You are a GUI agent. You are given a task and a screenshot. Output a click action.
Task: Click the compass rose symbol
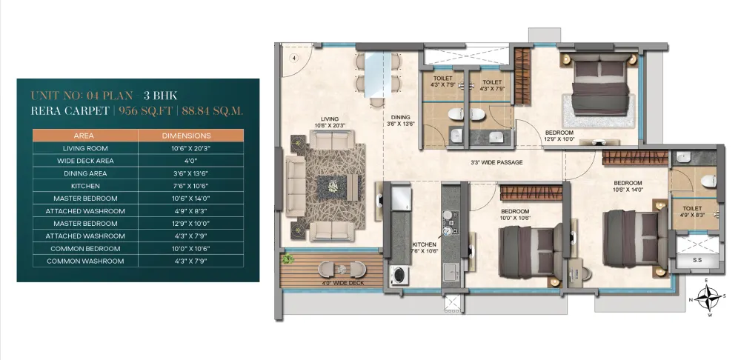coord(707,298)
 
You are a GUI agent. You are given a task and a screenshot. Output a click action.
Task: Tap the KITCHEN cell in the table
coord(85,186)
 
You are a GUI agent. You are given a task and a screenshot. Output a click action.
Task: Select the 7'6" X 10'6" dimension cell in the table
coord(191,186)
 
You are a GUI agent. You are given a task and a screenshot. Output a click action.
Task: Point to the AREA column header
coord(85,136)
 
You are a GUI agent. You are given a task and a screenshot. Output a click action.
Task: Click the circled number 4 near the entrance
coord(293,58)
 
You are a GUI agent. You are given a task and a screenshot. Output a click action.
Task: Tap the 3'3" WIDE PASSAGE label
coord(496,162)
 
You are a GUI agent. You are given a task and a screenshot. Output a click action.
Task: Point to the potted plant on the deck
coord(288,259)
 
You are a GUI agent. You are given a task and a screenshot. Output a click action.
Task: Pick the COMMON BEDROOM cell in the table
coord(85,248)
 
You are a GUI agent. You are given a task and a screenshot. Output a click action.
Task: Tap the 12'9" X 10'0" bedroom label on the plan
coord(559,139)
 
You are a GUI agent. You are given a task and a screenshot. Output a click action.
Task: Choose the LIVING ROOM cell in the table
coord(85,148)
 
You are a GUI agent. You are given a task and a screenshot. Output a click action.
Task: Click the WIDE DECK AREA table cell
coord(85,161)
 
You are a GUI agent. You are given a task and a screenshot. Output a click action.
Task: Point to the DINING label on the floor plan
coord(400,118)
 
